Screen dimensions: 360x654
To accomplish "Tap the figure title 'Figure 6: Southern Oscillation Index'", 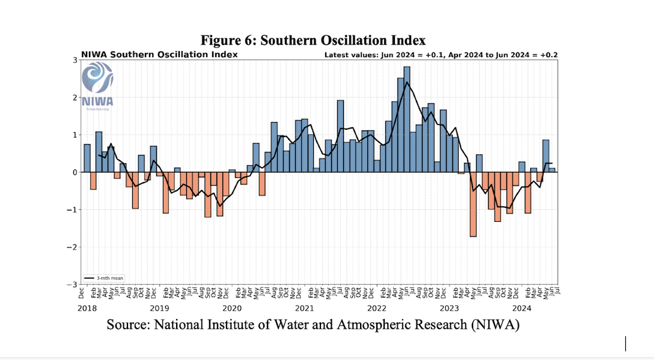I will tap(313, 40).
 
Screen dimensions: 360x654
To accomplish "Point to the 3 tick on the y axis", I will tap(75, 60).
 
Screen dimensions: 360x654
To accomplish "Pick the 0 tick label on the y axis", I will tap(75, 172).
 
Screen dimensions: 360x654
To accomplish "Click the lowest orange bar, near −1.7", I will tap(473, 204).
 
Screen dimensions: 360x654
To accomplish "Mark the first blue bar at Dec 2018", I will tap(87, 158).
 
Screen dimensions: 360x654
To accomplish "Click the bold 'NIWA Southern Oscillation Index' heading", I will tap(159, 55).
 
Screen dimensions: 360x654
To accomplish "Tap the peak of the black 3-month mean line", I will tap(407, 82).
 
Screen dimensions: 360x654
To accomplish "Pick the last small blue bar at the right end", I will tap(552, 169).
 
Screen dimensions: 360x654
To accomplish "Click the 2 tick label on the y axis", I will tap(75, 97).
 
